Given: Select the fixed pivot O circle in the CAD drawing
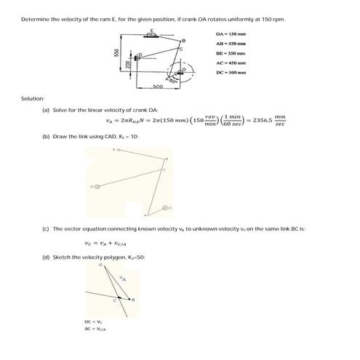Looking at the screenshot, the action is [166, 208].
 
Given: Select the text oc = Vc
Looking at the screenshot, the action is [95, 321].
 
